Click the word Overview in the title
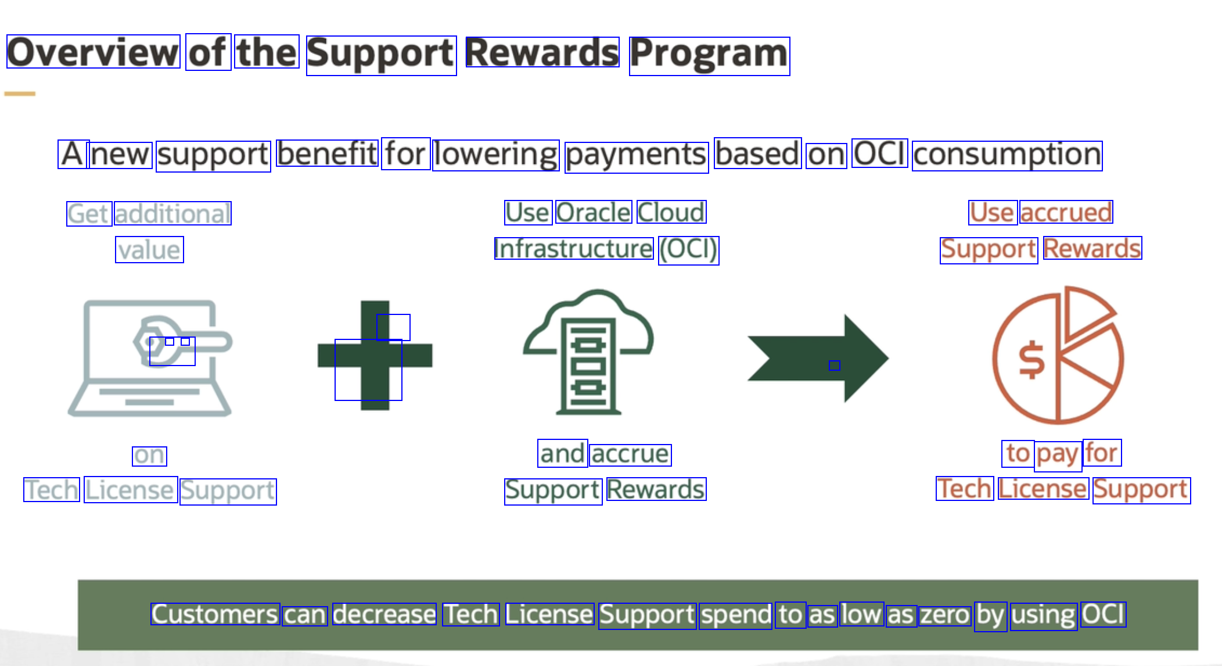93,52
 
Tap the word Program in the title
709,56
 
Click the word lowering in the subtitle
495,156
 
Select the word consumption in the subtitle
1007,156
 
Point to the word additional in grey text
172,213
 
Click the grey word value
149,249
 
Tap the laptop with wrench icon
150,357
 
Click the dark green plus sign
375,355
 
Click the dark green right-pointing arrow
818,358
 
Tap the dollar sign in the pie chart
1031,361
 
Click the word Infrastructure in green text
574,249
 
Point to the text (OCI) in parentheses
688,250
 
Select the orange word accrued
1066,212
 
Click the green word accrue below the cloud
630,454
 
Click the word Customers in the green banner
215,614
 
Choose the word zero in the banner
945,615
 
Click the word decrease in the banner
384,614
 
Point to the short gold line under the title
20,93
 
